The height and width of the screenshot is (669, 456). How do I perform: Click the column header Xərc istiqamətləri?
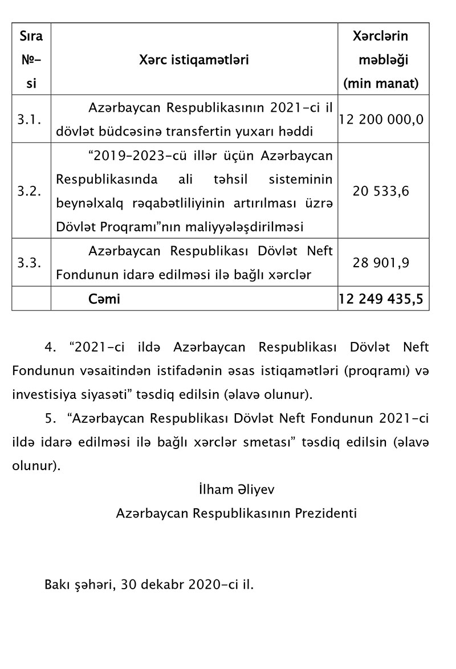(194, 60)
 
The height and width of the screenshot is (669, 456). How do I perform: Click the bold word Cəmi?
(104, 299)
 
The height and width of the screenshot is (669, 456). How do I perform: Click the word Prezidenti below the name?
(325, 513)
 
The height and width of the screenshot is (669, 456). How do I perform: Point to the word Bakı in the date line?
(56, 585)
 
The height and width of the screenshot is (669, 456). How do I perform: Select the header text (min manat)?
(381, 84)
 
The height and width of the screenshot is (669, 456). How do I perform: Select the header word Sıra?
(31, 36)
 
